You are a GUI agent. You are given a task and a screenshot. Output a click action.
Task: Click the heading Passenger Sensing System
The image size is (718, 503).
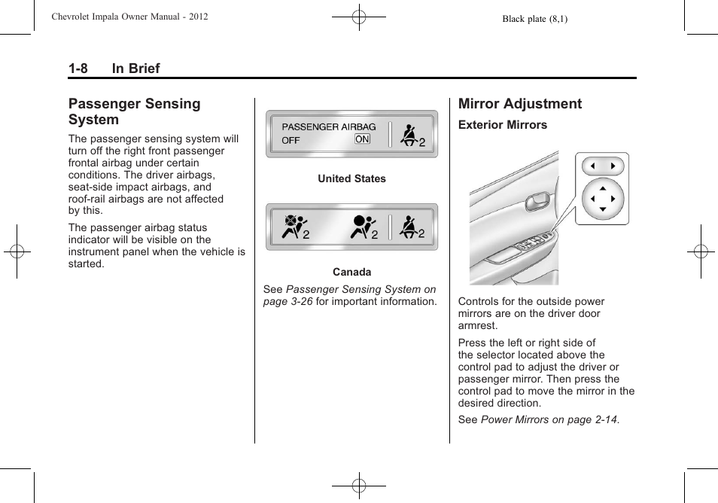coord(134,111)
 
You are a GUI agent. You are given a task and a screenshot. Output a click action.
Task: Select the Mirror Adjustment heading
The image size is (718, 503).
coord(520,104)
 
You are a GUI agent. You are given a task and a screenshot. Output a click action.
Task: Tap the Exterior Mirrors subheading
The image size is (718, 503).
coord(503,125)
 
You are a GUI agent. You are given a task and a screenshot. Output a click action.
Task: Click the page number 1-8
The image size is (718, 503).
coord(78,69)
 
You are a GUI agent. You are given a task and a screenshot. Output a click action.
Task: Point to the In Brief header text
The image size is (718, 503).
coord(135,69)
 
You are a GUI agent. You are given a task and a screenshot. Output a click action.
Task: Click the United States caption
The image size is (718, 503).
coord(351,179)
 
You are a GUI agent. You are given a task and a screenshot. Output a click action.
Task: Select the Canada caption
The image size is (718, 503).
coord(351,273)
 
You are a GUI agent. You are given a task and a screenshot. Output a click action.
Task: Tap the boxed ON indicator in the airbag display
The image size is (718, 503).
coord(362,139)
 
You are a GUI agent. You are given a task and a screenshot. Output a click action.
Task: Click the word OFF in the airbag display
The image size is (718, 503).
coord(291,140)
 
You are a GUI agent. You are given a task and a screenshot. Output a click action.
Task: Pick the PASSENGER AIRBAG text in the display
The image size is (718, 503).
coord(329,127)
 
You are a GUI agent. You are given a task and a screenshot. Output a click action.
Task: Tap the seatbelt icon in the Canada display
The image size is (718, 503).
coord(410,227)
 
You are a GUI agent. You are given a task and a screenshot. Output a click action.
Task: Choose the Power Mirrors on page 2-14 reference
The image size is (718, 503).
coord(549,419)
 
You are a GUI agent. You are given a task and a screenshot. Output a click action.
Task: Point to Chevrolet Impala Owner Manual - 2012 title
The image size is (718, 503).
coord(129,17)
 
